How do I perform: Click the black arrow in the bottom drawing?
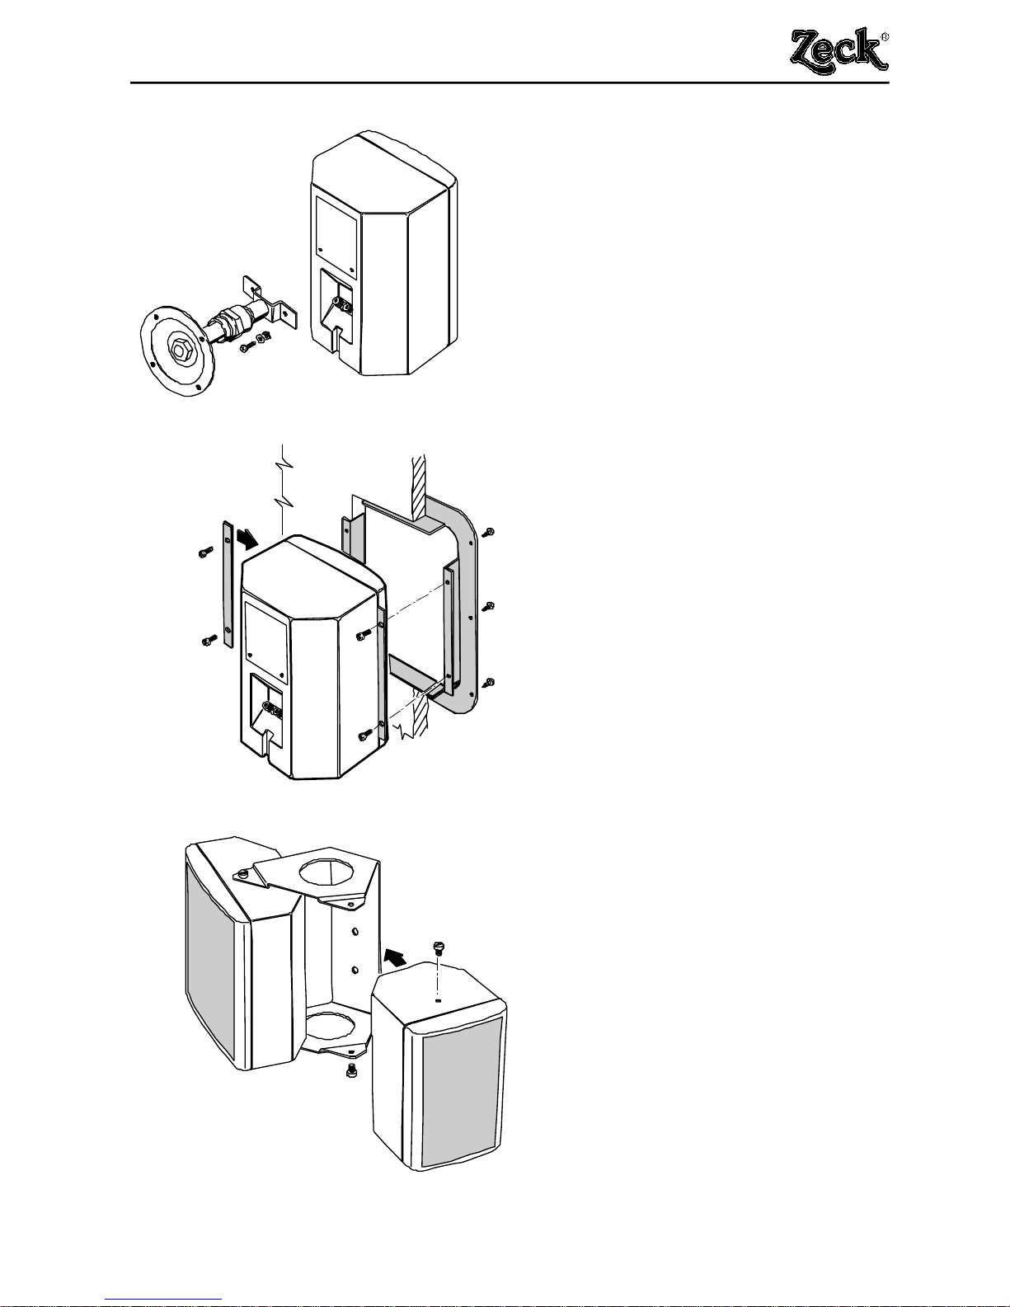(394, 957)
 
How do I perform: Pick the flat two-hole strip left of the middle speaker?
(228, 582)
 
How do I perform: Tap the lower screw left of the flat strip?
(207, 638)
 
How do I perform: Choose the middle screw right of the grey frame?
(489, 607)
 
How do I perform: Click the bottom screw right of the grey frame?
(490, 682)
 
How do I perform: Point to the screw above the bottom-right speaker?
(438, 947)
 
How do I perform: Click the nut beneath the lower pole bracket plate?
(350, 1074)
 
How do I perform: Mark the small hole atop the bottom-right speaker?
(438, 1000)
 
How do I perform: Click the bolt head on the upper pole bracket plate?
(244, 873)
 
